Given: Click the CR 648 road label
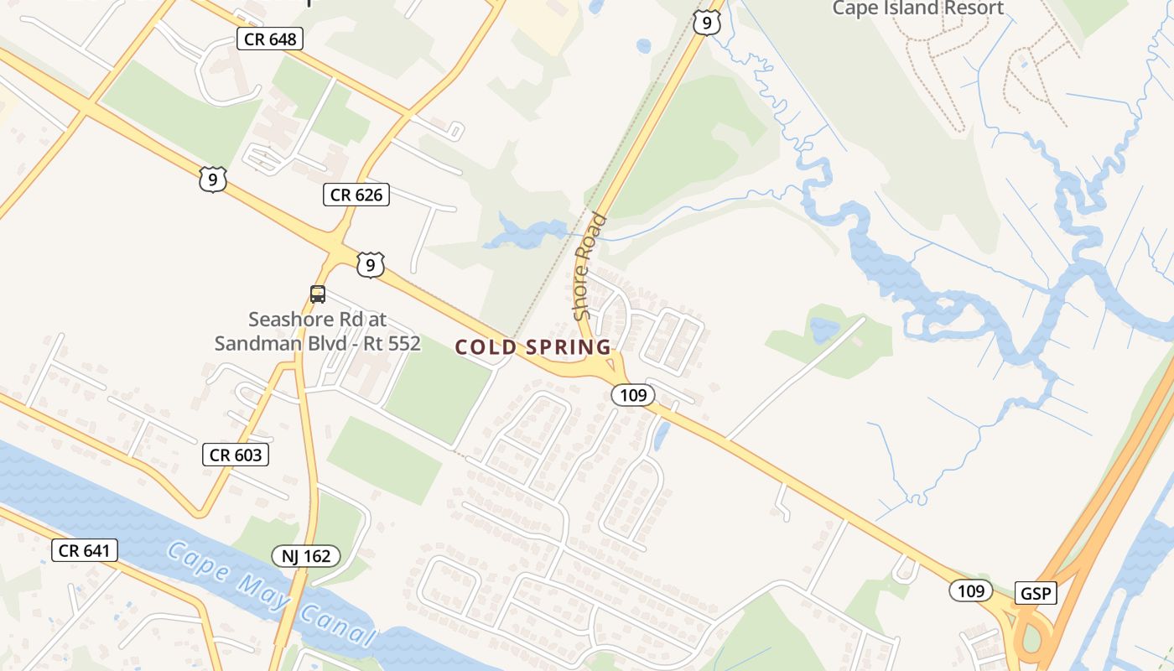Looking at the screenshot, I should [269, 39].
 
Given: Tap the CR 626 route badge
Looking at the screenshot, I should [356, 195].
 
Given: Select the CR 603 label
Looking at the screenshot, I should [236, 455].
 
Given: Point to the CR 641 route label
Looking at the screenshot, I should [84, 550].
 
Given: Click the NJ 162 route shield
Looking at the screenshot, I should [306, 555].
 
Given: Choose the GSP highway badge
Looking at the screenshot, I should [1036, 593].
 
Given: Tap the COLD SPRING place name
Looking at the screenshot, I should [533, 347].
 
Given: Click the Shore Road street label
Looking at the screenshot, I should [590, 267].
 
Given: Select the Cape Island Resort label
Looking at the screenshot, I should [917, 8].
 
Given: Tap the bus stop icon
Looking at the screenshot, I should [317, 294].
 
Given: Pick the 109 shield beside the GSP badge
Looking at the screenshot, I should [971, 590].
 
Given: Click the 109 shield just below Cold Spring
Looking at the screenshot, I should [632, 394].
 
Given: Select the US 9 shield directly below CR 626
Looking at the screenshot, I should [370, 265].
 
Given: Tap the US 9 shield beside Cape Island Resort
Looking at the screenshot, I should [707, 23].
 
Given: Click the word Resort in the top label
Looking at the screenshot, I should [973, 8].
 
